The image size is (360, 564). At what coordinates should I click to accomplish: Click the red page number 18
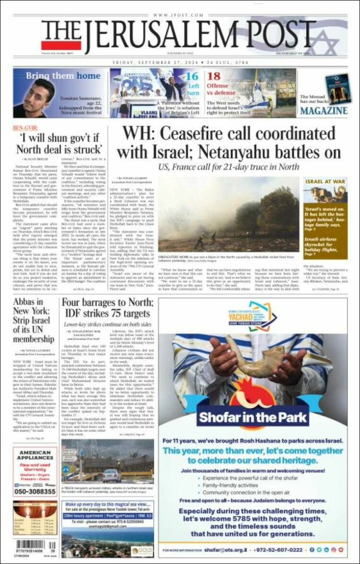coord(214,76)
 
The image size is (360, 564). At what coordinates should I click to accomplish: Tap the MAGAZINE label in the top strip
coord(324,111)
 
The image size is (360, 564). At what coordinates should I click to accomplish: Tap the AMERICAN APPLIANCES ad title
coord(35,456)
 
